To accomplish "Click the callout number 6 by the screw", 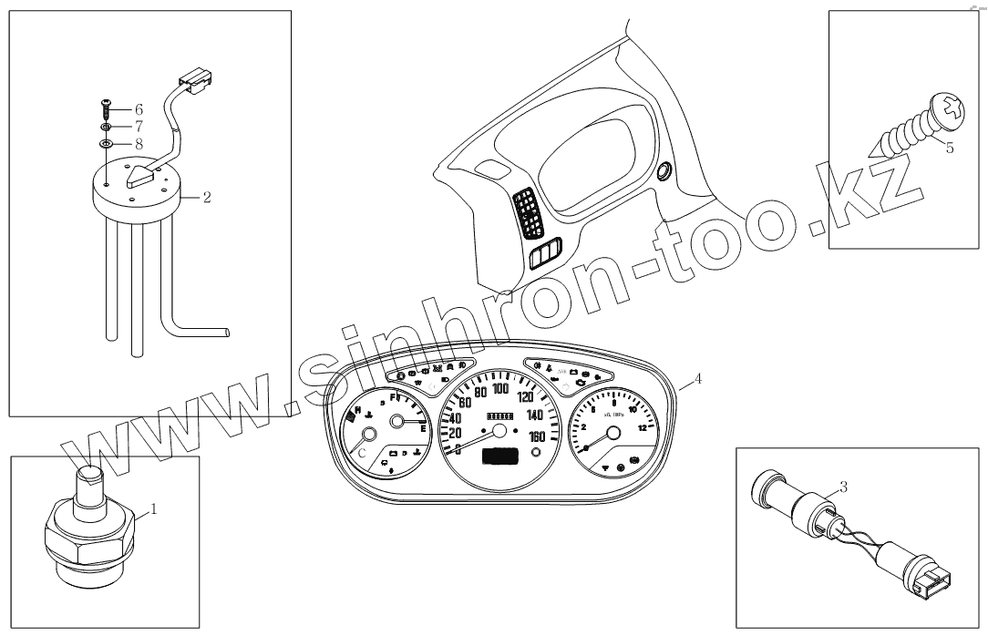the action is click(139, 108).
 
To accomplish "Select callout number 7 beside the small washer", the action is click(139, 126).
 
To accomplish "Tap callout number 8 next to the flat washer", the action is click(139, 143).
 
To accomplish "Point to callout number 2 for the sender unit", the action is click(207, 196).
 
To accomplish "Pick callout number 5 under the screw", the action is click(949, 149).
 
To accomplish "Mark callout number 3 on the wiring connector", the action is click(843, 487).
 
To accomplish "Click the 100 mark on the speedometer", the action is click(500, 389).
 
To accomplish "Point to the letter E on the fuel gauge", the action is click(423, 438).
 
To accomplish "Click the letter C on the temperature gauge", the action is click(362, 452).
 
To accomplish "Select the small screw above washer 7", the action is click(108, 108).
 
